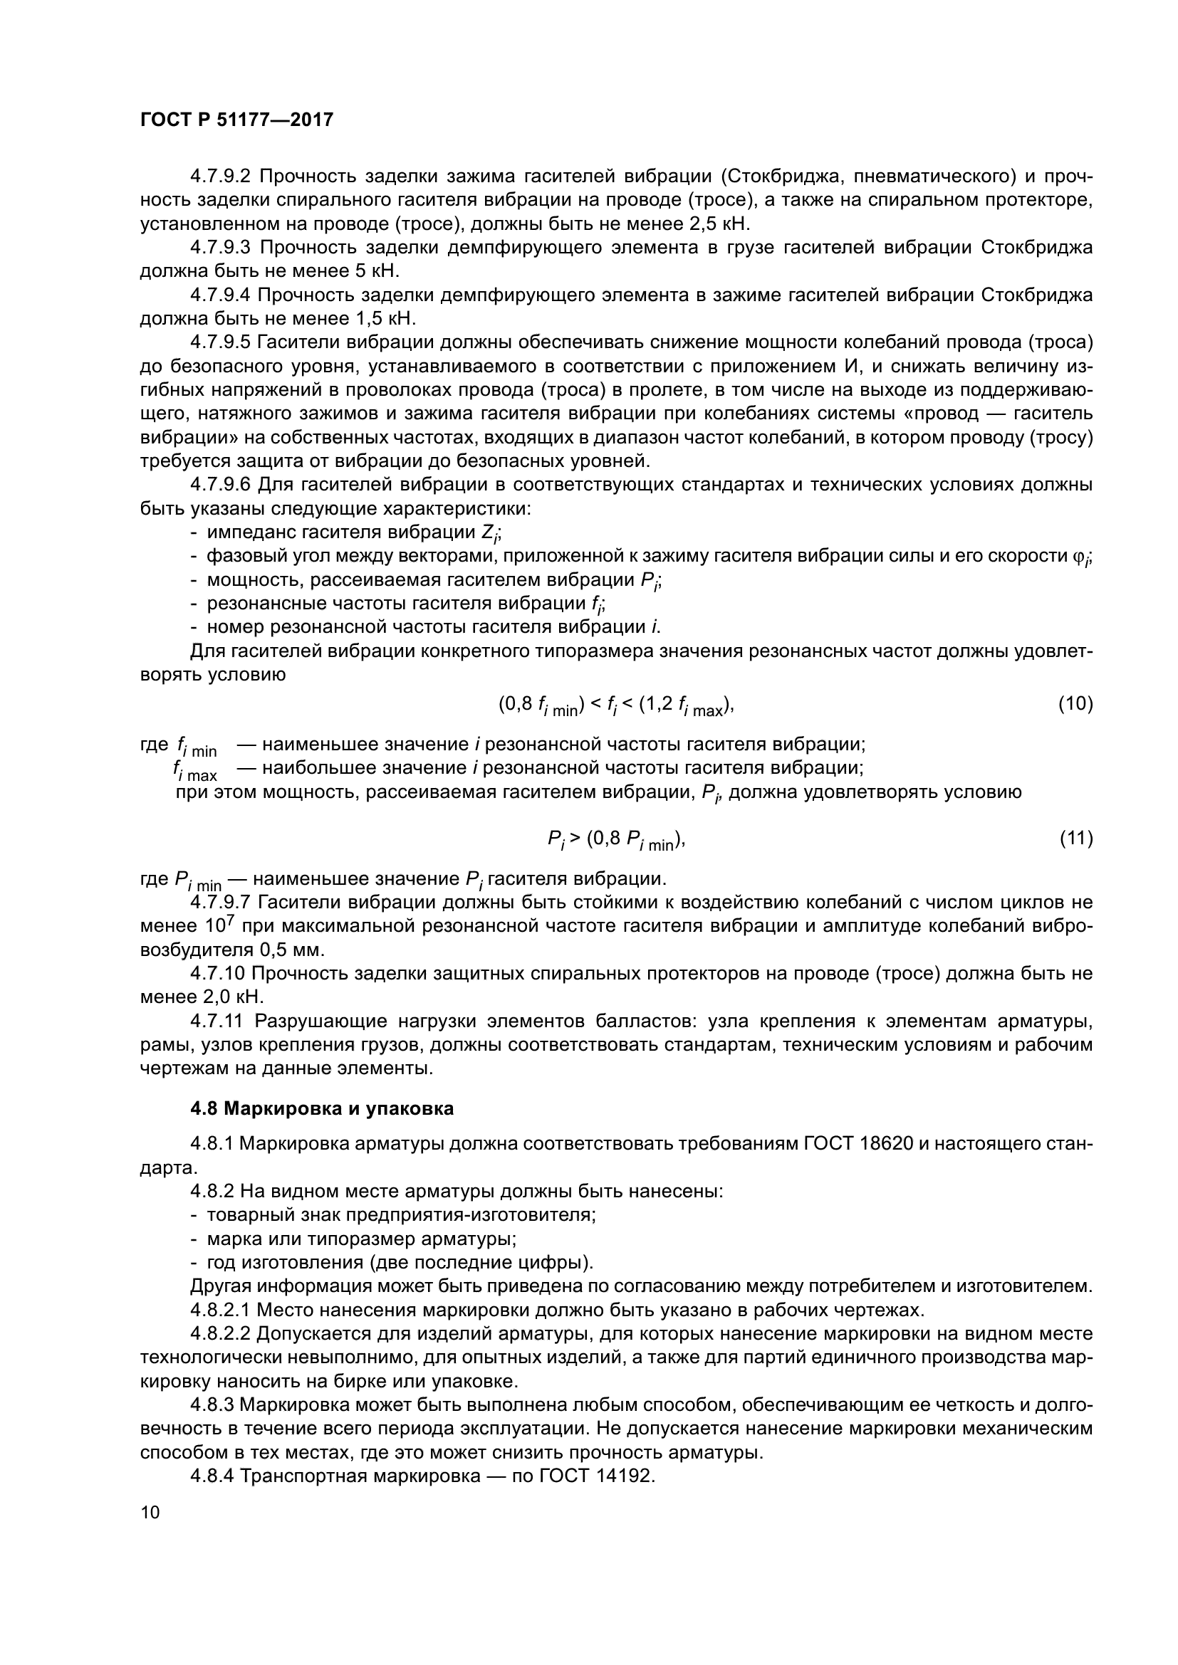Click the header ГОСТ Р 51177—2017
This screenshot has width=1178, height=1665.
pyautogui.click(x=236, y=120)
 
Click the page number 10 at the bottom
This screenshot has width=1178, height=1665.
pyautogui.click(x=150, y=1533)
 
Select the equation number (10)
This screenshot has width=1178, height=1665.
pyautogui.click(x=1075, y=703)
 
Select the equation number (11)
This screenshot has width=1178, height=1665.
pyautogui.click(x=1075, y=839)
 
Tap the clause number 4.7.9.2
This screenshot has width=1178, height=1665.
pyautogui.click(x=220, y=177)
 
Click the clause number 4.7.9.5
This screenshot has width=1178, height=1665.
pyautogui.click(x=220, y=342)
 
